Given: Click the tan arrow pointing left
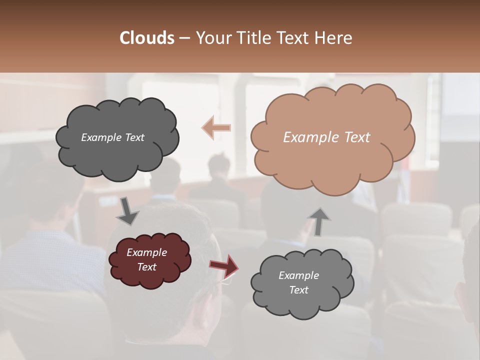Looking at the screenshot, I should [x=216, y=127].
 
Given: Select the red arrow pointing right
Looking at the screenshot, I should [x=224, y=265].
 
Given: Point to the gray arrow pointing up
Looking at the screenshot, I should [x=319, y=221].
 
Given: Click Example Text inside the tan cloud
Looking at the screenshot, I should [x=326, y=137].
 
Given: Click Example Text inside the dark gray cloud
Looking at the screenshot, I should [x=112, y=137].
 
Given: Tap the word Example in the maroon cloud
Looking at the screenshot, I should [x=146, y=252].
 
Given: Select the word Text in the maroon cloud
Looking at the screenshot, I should [x=146, y=267].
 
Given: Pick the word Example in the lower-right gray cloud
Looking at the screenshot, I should [x=298, y=275].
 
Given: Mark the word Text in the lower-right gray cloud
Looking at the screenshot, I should [x=298, y=290].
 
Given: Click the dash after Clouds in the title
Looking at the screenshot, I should [x=184, y=38].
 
